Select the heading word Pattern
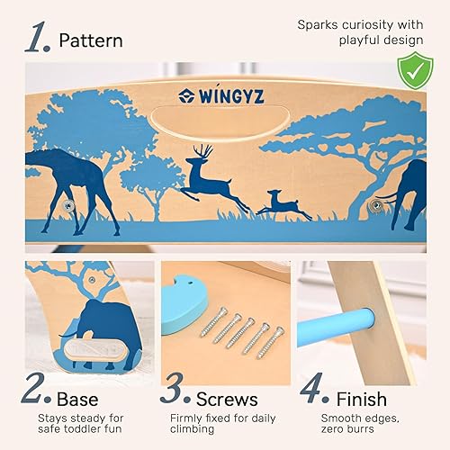click(x=91, y=40)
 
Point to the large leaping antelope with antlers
click(x=215, y=177)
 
